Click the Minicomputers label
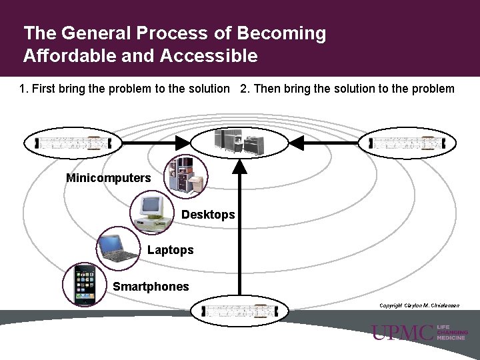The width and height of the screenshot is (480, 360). [109, 178]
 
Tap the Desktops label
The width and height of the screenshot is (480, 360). [208, 215]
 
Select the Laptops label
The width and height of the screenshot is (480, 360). [170, 250]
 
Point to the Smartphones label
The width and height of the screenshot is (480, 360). [151, 287]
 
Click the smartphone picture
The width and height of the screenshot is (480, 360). [84, 285]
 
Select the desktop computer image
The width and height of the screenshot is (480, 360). [152, 211]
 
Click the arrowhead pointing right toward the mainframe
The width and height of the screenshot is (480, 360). [183, 143]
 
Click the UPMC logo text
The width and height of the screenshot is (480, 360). [403, 333]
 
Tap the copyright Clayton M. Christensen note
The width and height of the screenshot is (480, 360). [419, 305]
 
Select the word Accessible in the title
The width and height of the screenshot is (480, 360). [209, 56]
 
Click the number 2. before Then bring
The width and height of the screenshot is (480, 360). [245, 89]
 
